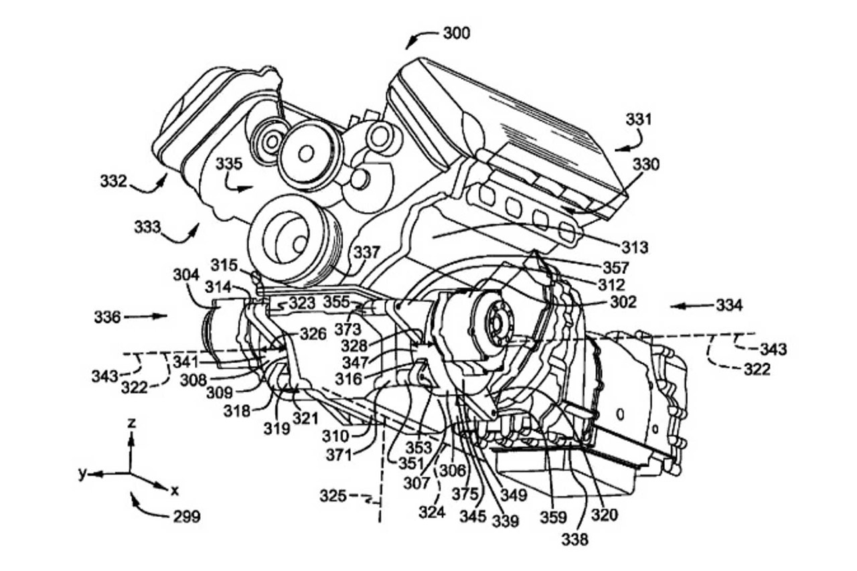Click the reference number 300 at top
[x=457, y=33]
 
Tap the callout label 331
[x=639, y=120]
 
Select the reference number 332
[x=114, y=181]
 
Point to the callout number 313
[x=635, y=248]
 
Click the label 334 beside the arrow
[x=729, y=305]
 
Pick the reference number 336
[x=108, y=317]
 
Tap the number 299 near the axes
[x=187, y=517]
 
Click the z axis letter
[x=132, y=422]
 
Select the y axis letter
[x=82, y=474]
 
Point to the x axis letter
[x=175, y=490]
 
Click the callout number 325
[x=333, y=496]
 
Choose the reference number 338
[x=574, y=540]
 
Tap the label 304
[x=186, y=274]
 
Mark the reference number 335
[x=229, y=164]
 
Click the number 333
[x=147, y=227]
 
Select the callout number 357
[x=616, y=268]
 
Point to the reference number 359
[x=553, y=517]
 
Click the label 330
[x=646, y=165]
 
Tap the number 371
[x=339, y=455]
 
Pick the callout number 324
[x=432, y=511]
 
